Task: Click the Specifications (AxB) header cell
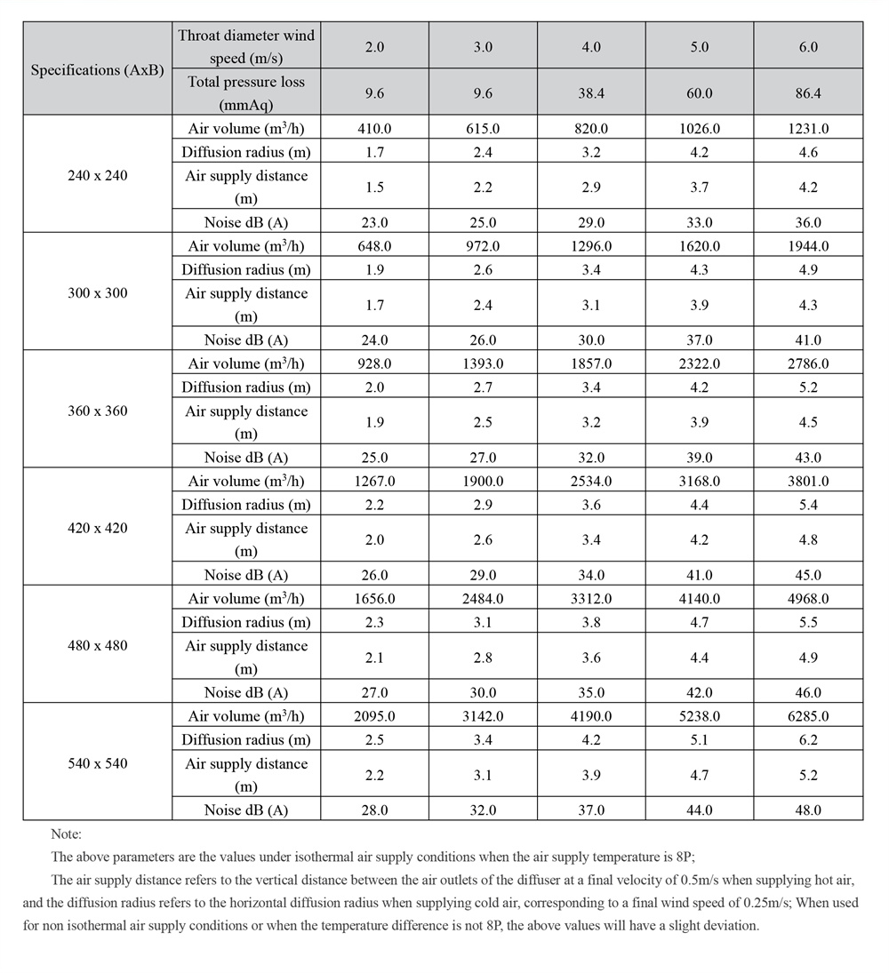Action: pos(98,69)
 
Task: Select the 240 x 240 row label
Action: pos(98,175)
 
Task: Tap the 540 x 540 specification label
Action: pos(98,763)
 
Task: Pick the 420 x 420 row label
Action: pos(98,528)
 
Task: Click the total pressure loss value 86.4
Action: pos(807,92)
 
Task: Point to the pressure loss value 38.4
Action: pos(591,92)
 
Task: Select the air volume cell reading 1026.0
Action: pos(700,128)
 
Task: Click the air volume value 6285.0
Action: pos(807,716)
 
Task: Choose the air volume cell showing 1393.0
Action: pos(483,363)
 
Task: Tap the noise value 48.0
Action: pos(807,810)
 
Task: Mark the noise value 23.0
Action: pos(374,222)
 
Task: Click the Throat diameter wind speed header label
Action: pos(246,46)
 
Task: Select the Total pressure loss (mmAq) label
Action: pos(246,92)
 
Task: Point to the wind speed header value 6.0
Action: pos(807,46)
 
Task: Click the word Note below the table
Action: pos(67,834)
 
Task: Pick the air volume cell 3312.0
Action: pos(591,599)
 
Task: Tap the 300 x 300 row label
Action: pos(98,293)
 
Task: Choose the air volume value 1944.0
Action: pos(807,246)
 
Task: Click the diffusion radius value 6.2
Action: pos(807,739)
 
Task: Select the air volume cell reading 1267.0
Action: pos(374,481)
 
